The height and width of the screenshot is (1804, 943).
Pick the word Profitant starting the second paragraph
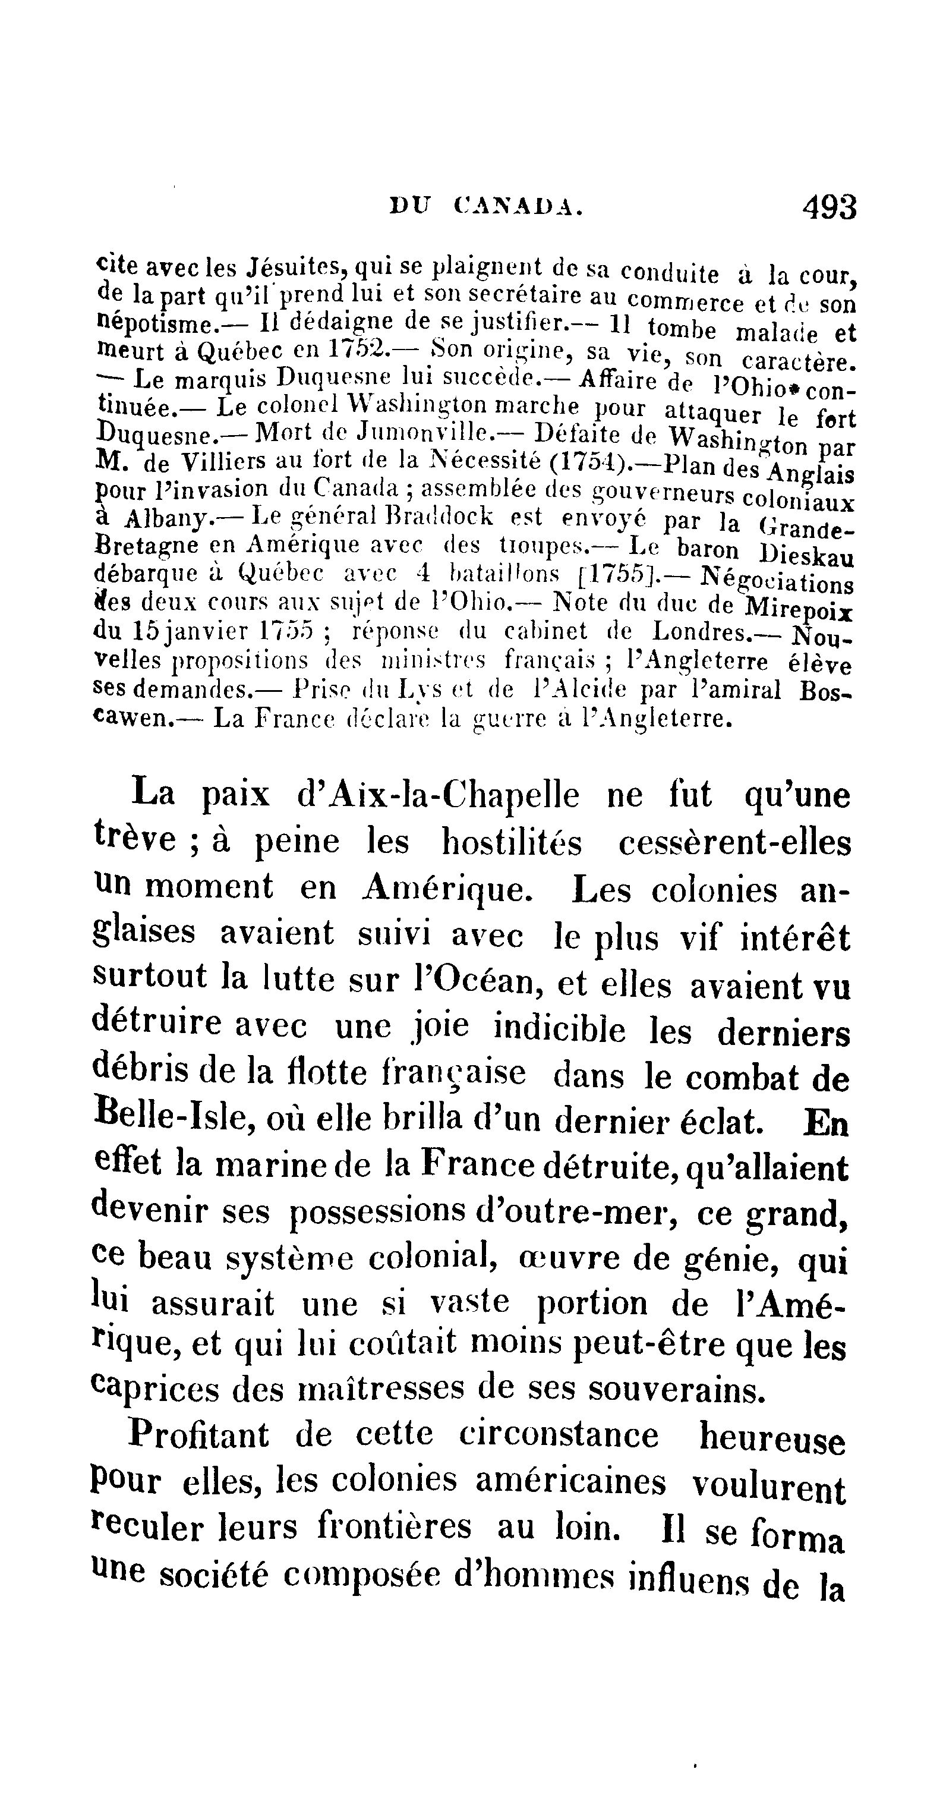(x=198, y=1434)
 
